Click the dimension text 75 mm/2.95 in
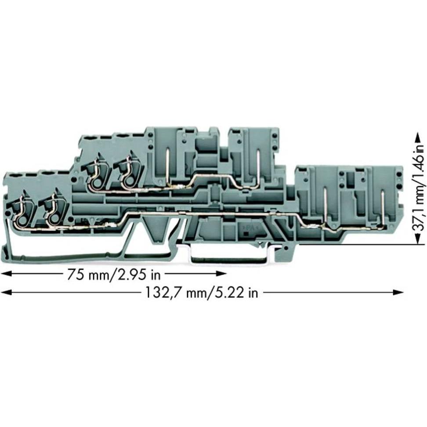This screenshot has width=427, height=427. click(x=114, y=275)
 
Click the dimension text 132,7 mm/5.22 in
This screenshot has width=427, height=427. click(x=202, y=293)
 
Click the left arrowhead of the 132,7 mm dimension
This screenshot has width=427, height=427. click(x=7, y=292)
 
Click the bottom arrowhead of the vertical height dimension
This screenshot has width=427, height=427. click(x=417, y=239)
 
